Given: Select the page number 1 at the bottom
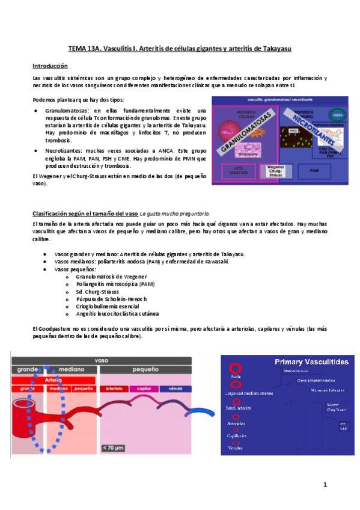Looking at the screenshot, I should (323, 484).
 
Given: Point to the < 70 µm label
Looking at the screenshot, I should (115, 447).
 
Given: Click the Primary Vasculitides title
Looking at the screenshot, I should (311, 361).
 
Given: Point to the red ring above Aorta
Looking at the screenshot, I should (236, 367).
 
